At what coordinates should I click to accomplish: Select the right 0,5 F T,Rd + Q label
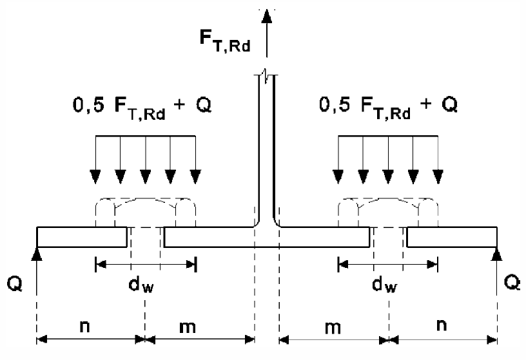tap(388, 105)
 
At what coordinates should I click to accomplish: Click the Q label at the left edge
tap(14, 282)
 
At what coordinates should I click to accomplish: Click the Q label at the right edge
tap(513, 282)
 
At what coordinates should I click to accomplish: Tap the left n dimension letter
tap(84, 326)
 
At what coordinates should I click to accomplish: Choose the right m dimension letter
tap(333, 326)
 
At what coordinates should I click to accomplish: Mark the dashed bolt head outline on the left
tap(145, 210)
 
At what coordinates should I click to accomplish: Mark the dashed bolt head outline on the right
tap(387, 210)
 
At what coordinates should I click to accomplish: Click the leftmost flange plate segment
tap(81, 237)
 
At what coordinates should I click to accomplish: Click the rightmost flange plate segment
tap(451, 237)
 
